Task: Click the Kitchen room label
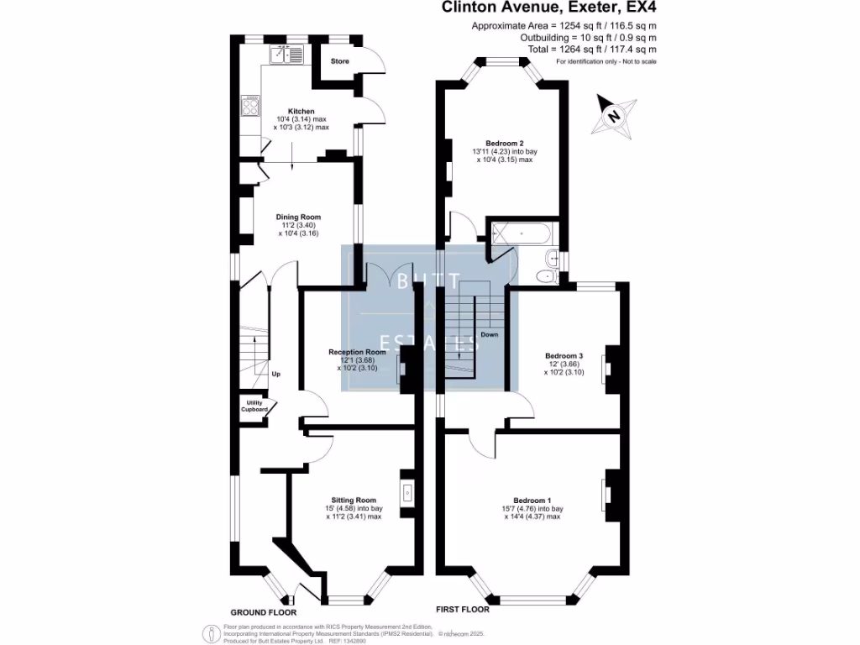tap(302, 111)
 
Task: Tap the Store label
tap(339, 61)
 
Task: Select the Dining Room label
tap(298, 217)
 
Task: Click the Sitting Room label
tap(354, 500)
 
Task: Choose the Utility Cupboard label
tap(255, 406)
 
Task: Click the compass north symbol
tap(614, 115)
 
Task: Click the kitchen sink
tap(285, 55)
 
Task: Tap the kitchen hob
tap(250, 106)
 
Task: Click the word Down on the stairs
tap(490, 334)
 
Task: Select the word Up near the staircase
tap(275, 374)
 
